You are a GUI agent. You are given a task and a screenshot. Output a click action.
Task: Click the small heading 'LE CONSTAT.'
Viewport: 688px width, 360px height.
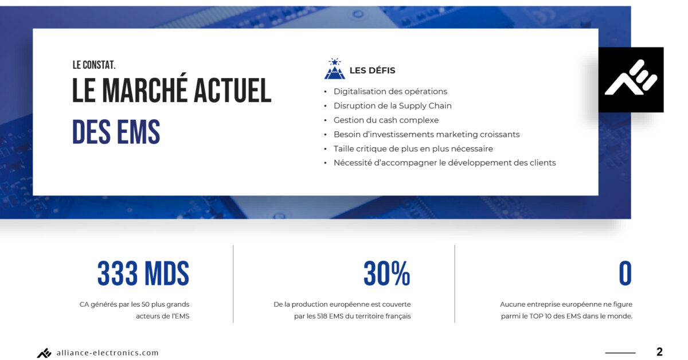[94, 65]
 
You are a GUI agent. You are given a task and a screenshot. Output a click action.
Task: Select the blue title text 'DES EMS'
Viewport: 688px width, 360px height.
[116, 132]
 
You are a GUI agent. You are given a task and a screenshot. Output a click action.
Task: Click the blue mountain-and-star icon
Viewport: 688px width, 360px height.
[334, 68]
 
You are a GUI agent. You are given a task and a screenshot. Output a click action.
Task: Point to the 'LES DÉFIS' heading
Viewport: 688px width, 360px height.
[372, 71]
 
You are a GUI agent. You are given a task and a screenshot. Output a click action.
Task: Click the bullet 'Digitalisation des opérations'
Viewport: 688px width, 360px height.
[390, 92]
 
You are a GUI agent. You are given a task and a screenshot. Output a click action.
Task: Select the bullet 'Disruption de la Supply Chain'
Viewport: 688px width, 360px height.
[393, 105]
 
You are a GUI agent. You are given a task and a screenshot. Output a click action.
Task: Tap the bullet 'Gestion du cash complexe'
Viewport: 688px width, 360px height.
[386, 120]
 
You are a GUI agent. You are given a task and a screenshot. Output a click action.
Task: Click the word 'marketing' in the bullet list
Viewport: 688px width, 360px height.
[456, 135]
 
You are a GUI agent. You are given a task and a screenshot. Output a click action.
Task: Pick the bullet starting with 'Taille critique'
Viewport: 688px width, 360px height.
[413, 148]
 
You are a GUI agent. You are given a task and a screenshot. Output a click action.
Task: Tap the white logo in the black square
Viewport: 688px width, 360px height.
[631, 78]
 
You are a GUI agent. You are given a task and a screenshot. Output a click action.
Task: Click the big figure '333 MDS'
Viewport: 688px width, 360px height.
[143, 273]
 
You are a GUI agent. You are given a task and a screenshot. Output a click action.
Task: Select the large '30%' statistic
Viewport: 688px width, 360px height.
[386, 273]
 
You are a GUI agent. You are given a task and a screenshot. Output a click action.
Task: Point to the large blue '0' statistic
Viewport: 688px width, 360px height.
[625, 273]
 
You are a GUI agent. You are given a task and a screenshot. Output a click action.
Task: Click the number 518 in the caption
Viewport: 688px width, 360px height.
[322, 316]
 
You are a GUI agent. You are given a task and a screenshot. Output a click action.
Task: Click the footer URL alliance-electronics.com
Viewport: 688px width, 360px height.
[108, 353]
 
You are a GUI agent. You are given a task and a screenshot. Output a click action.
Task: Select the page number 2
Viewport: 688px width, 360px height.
[659, 352]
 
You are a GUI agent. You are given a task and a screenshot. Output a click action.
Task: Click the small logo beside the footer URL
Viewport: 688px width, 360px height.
[44, 353]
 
